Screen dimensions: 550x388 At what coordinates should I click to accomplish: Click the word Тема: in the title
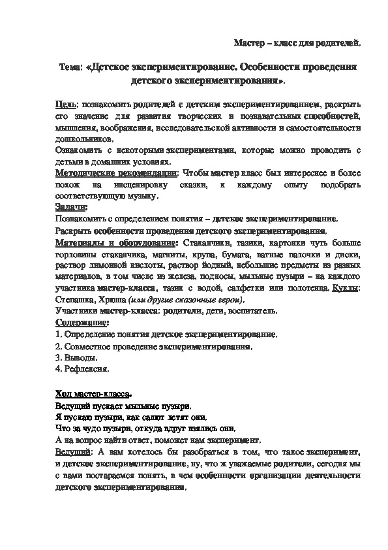coord(70,67)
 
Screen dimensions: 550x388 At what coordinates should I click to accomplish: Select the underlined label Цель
coord(65,104)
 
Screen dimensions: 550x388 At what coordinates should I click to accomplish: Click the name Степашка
coord(74,299)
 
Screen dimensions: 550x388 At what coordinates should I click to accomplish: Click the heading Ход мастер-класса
coord(93,394)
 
